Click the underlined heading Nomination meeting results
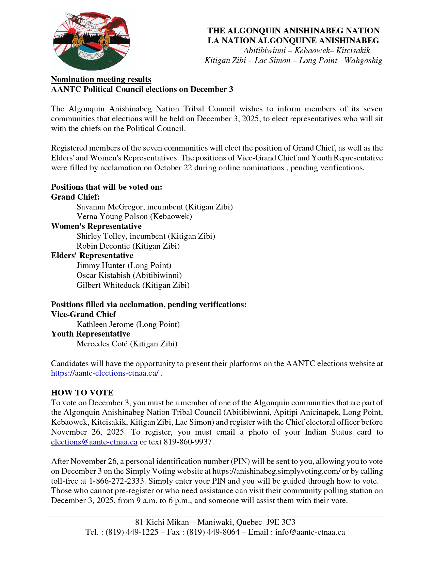click(x=101, y=79)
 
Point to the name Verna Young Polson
click(x=112, y=217)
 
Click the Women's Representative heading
click(x=96, y=226)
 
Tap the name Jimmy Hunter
click(x=101, y=265)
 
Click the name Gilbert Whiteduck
click(x=108, y=285)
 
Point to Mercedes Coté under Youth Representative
click(x=102, y=344)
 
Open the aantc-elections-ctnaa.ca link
click(x=105, y=373)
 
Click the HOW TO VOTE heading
click(x=82, y=393)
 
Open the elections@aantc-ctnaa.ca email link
click(x=94, y=442)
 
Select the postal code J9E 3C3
click(x=281, y=522)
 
